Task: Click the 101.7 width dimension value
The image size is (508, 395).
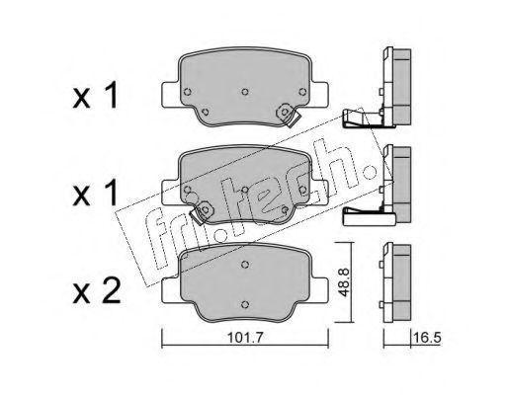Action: click(x=245, y=338)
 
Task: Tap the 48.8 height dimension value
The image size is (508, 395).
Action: click(x=344, y=281)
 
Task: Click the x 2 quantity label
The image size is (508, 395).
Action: click(x=97, y=291)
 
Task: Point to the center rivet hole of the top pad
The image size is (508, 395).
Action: click(x=245, y=92)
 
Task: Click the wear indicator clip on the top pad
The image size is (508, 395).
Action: click(x=287, y=116)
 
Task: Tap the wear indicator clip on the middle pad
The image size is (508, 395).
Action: click(x=202, y=212)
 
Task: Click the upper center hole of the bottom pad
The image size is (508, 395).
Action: click(x=244, y=264)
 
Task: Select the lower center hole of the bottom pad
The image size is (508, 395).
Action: click(x=244, y=304)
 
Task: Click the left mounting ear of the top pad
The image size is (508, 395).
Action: click(x=171, y=95)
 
